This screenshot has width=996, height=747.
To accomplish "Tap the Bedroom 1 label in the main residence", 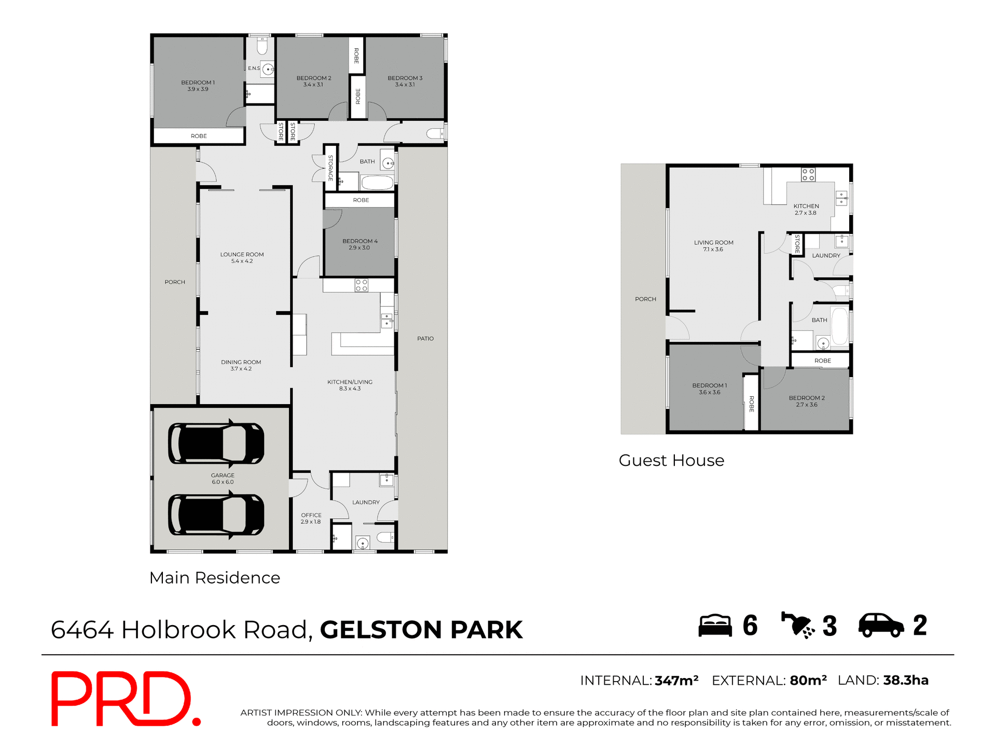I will [198, 86].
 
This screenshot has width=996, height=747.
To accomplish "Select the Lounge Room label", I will [242, 258].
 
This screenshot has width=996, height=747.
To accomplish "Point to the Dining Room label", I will [241, 365].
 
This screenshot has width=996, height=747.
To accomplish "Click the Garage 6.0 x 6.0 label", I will [223, 478].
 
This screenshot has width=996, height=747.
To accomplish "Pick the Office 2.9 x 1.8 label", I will [311, 518].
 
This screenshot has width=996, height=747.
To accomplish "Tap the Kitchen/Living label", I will [350, 385].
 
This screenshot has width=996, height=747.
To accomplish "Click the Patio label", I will [425, 339].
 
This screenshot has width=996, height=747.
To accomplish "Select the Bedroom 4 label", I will [359, 244].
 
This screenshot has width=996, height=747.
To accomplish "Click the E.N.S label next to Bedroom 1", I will [254, 68].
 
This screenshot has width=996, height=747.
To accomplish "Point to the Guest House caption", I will [671, 461].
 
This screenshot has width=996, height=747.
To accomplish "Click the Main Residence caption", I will [214, 578].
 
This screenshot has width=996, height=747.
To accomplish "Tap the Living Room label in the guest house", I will [713, 246].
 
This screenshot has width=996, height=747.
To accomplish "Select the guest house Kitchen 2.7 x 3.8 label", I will [806, 209].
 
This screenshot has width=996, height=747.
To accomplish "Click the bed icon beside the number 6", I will [715, 625].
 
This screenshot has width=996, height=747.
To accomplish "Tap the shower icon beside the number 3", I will [797, 625].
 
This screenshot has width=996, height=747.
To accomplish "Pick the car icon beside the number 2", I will [881, 625].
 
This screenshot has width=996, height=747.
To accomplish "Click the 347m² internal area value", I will [676, 681].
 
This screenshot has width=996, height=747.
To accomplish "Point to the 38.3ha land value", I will [905, 680].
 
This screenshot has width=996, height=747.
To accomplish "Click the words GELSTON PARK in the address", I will [421, 630].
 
